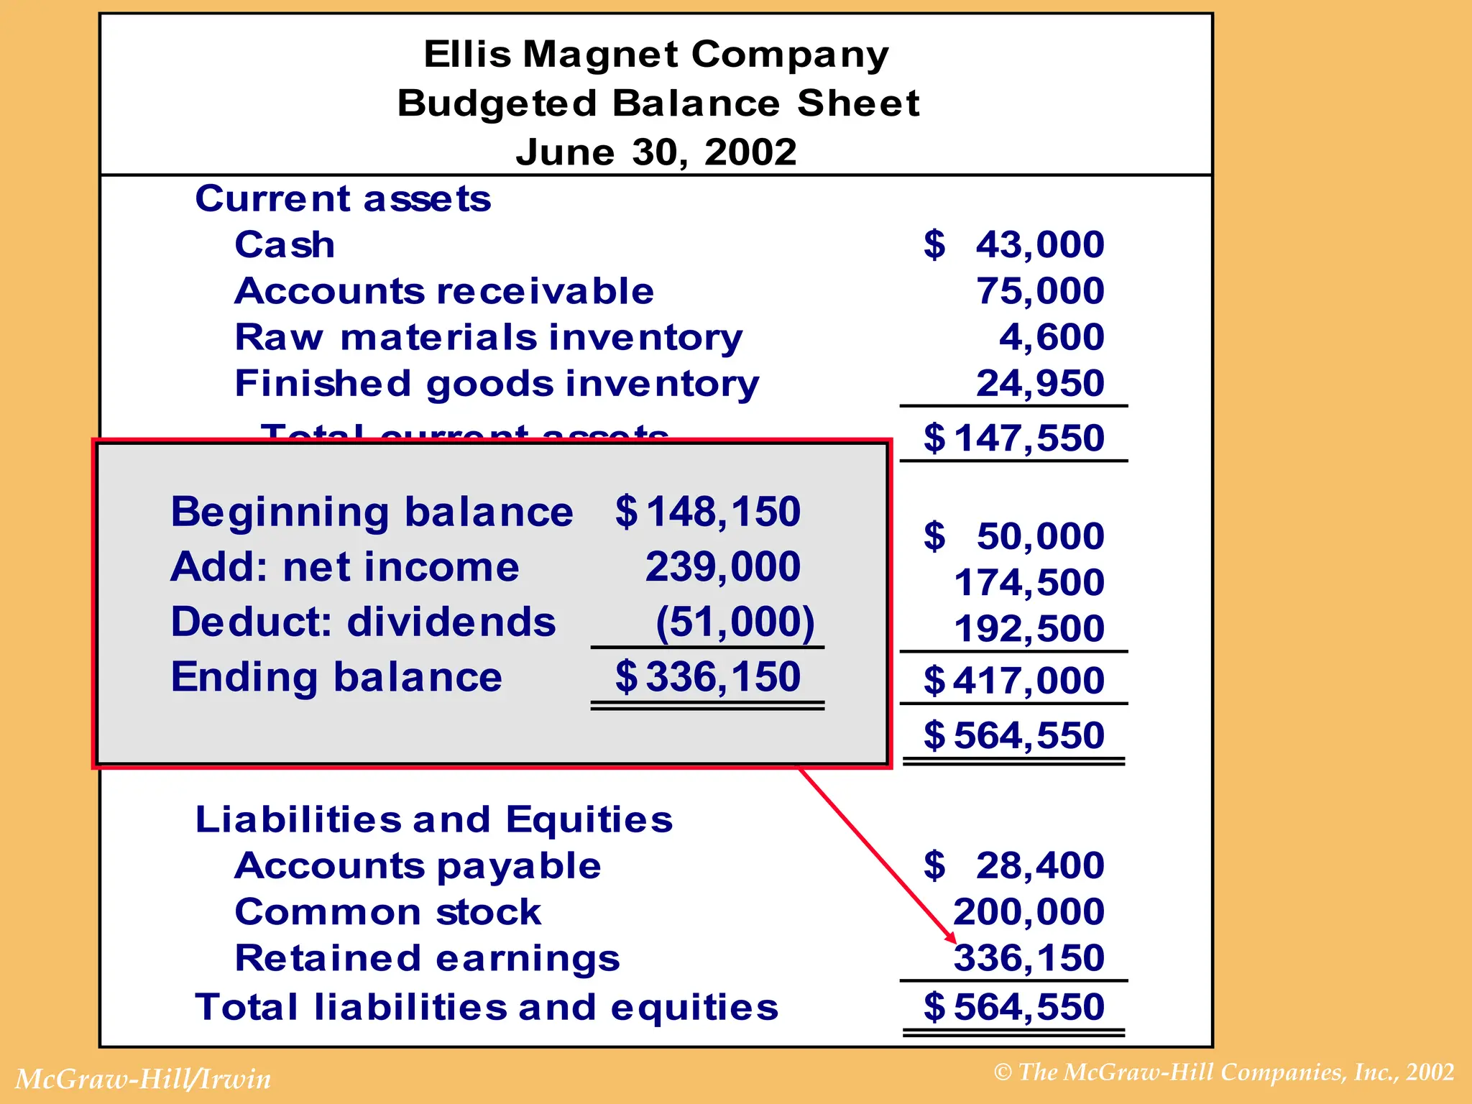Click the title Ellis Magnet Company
(x=655, y=55)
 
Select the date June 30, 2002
(x=655, y=152)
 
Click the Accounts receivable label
(x=444, y=291)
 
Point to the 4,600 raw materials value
(x=1052, y=337)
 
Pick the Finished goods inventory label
(x=497, y=383)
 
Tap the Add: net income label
(x=344, y=567)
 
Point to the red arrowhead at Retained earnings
(x=952, y=938)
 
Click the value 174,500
(x=1029, y=582)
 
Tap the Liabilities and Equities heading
(x=434, y=819)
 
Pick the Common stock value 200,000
(x=1029, y=912)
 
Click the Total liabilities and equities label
(x=487, y=1007)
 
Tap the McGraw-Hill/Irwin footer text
(x=143, y=1079)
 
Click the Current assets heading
(x=343, y=198)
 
